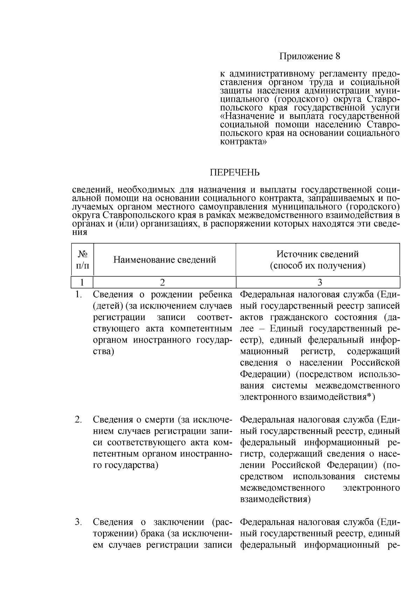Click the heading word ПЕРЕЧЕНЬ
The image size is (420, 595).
tap(235, 173)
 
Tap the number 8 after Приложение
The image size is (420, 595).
tap(337, 56)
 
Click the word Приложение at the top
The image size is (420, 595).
tap(306, 56)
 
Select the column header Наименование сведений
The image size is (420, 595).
tap(164, 260)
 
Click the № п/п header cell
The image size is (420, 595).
tap(82, 260)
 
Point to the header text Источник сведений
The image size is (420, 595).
tap(317, 254)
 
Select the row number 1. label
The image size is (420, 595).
tap(79, 295)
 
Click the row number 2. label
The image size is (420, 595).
tap(79, 420)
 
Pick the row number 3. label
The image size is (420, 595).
tap(79, 522)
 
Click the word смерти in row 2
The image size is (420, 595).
tap(160, 420)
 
